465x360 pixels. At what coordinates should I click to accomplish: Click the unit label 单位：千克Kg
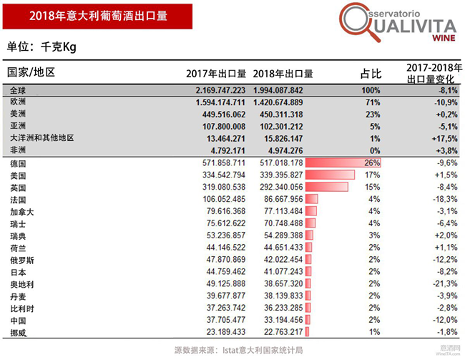click(x=41, y=47)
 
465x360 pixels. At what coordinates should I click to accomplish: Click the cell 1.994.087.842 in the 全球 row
click(x=283, y=91)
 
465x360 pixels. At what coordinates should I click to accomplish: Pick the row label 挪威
click(x=19, y=333)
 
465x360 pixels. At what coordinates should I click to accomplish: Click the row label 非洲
click(x=19, y=150)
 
